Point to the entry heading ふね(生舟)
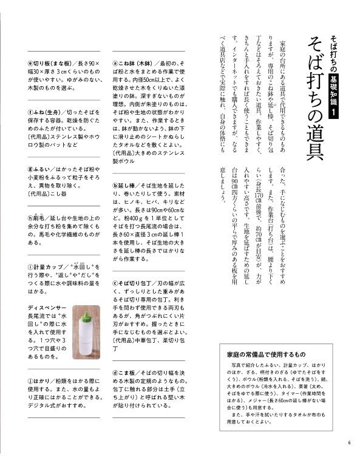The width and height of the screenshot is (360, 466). pos(50,112)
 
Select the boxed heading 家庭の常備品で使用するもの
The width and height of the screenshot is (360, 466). pos(270,353)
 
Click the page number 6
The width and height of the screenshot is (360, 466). pos(349,441)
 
